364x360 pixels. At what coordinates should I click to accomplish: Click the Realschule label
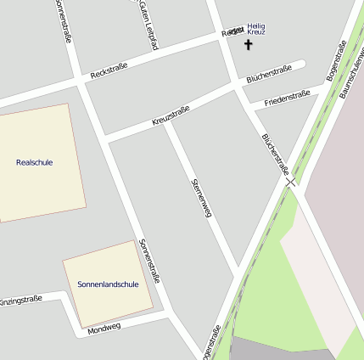(x=34, y=161)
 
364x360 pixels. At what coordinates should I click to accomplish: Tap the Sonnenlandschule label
(x=107, y=284)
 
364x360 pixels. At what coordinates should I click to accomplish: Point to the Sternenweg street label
(x=200, y=198)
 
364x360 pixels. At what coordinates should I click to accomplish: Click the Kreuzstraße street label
(x=171, y=115)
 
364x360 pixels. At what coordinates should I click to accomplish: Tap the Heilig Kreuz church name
(x=256, y=29)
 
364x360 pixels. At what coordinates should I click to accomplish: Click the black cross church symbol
(x=249, y=44)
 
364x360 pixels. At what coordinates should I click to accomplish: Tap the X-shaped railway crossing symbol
(x=291, y=181)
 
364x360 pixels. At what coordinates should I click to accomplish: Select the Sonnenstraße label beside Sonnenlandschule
(x=149, y=260)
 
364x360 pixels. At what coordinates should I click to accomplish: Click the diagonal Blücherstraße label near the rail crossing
(x=275, y=153)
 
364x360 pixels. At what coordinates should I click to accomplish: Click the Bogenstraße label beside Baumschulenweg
(x=337, y=61)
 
